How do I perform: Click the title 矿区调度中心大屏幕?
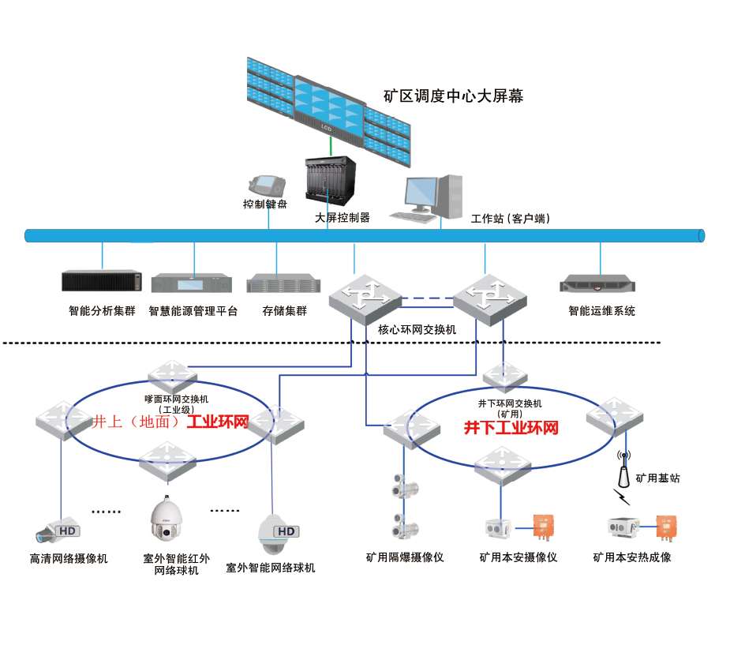(453, 96)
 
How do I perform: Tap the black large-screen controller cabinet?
(330, 180)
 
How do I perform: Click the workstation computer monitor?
(421, 193)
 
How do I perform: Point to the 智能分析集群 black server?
(102, 280)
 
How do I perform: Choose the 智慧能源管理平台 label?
(193, 310)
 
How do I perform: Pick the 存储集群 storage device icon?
(283, 283)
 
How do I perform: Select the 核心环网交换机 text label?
(417, 330)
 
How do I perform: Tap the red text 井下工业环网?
(511, 428)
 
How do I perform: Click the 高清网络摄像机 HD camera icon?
(58, 530)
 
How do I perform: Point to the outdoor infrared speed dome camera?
(167, 519)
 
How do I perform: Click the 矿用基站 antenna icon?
(623, 468)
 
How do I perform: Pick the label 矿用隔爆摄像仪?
(405, 557)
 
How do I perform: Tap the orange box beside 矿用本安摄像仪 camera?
(543, 527)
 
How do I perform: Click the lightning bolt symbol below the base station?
(622, 497)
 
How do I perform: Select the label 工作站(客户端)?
(511, 218)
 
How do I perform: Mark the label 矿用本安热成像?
(632, 557)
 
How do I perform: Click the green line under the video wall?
(331, 146)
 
